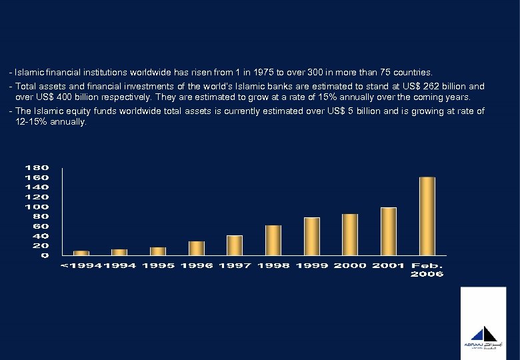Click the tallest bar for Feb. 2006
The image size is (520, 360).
click(x=427, y=215)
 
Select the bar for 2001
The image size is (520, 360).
click(x=388, y=231)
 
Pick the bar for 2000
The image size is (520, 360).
click(x=350, y=234)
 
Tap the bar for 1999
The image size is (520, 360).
click(x=312, y=236)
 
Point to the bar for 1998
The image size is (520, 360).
click(x=273, y=240)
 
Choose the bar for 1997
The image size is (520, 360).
click(x=235, y=245)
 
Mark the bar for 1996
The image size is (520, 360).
click(x=197, y=248)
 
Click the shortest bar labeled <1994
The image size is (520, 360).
click(x=81, y=253)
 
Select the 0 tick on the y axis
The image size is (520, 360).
click(x=45, y=255)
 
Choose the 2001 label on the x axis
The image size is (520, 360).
click(x=388, y=266)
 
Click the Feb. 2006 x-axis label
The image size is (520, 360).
click(x=427, y=270)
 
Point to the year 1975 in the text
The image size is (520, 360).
click(x=289, y=71)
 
